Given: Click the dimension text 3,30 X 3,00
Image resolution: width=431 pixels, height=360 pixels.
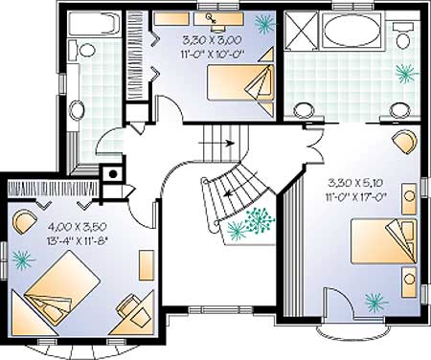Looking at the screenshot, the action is point(212,40).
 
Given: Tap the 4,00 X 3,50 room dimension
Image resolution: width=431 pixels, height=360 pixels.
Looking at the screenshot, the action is point(77,227).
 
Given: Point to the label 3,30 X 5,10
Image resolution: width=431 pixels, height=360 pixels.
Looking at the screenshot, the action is point(356,183).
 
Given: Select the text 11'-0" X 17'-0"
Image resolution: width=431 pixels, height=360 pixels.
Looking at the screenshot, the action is point(356,195).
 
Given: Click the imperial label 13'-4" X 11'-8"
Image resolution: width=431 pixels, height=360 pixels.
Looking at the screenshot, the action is point(77,239).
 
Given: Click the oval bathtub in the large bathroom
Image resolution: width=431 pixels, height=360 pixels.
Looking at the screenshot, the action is point(352,31).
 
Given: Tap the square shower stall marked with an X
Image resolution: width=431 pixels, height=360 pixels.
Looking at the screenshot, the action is point(302,31).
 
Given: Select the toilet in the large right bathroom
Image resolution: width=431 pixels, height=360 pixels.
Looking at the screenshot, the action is point(403,35).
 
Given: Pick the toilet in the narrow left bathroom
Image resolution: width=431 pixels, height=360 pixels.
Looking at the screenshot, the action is point(82,50).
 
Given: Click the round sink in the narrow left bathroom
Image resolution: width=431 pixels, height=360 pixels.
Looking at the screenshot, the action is point(76,110).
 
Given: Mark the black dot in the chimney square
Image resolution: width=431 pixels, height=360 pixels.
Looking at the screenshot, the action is point(113,174).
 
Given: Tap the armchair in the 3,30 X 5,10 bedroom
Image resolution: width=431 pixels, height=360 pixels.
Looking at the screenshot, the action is point(405,142).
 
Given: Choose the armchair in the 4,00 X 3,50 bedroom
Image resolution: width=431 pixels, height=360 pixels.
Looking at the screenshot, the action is point(24,221).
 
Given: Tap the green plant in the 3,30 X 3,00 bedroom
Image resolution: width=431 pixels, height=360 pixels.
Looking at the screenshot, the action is point(264,23).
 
